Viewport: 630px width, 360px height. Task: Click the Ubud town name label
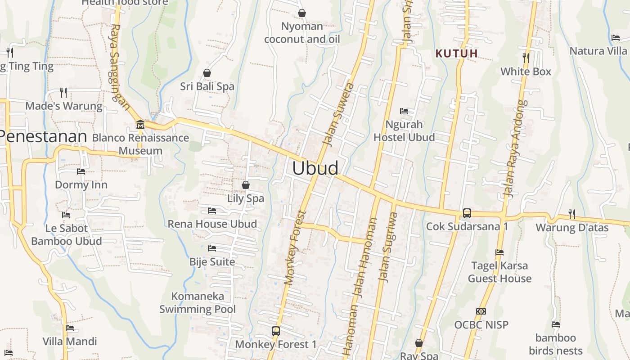coord(315,168)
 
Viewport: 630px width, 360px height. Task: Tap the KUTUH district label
coord(456,54)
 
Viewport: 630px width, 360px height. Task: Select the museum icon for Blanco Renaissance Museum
coord(140,124)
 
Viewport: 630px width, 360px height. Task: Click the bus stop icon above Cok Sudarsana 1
coord(467,213)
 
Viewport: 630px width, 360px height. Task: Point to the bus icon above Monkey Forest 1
coord(276,331)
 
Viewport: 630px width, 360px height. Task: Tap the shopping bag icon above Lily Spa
coord(246,184)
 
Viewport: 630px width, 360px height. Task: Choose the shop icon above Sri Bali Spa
coord(207,72)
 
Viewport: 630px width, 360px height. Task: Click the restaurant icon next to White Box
coord(526,58)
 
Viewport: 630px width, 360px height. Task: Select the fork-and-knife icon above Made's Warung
coord(63,93)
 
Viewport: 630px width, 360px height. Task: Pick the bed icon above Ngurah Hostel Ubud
coord(404,111)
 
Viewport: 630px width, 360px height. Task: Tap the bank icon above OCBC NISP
coord(481,311)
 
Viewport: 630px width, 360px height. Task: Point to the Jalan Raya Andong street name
coord(515,148)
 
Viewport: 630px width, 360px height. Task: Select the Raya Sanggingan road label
coord(119,67)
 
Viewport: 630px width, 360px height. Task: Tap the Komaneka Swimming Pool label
coord(198,303)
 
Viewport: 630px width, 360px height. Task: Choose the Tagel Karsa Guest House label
coord(499,272)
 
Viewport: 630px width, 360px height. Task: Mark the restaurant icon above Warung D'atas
coord(571,213)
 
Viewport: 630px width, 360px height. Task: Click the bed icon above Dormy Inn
coord(81,171)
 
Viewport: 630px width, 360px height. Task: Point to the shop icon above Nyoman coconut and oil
coord(302,13)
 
